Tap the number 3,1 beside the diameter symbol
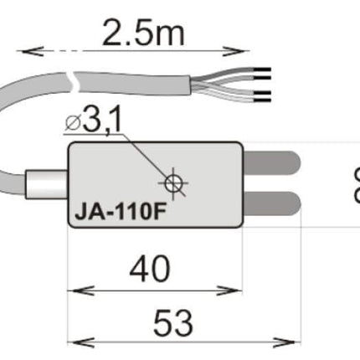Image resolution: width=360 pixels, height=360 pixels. point(101,123)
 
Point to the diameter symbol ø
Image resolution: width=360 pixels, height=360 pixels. point(73,125)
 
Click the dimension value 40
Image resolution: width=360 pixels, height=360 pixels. point(152,269)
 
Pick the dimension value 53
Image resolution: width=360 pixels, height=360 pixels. point(174,321)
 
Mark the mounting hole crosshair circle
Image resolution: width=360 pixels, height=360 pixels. point(173,183)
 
